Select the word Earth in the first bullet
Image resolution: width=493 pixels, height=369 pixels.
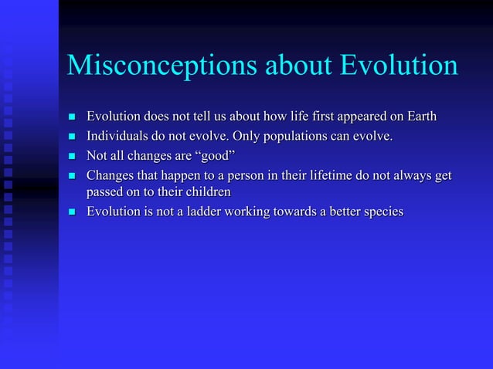click(x=419, y=117)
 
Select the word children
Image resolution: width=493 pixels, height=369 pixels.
click(x=206, y=191)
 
